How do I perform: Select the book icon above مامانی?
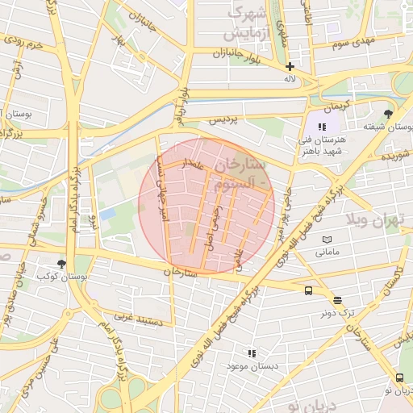(327, 240)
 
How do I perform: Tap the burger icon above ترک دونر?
(336, 299)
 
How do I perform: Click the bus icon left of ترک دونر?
(309, 291)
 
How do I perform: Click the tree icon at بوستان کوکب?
(61, 264)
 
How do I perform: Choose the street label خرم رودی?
(23, 43)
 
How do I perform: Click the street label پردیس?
(224, 120)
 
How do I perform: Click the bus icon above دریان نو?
(400, 378)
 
